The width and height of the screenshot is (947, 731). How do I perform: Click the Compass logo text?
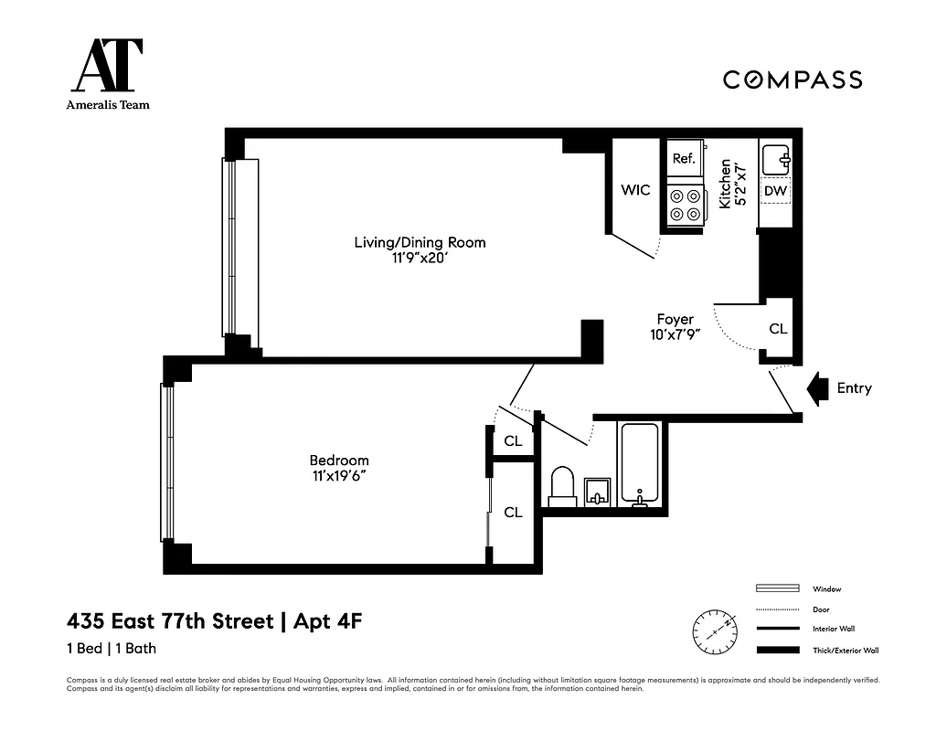793,79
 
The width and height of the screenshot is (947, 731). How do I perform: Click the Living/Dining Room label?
420,242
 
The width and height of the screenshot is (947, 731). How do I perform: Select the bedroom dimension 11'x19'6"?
339,476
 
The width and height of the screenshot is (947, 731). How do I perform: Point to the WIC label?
635,190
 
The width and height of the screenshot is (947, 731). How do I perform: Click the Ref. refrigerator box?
684,159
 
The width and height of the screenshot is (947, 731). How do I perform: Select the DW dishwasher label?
775,191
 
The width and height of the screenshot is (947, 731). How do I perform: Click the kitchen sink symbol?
776,159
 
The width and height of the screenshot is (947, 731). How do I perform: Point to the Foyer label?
675,319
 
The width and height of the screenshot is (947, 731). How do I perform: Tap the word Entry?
854,388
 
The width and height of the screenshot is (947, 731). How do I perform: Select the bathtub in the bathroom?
639,464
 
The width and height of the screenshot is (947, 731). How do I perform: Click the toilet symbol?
562,487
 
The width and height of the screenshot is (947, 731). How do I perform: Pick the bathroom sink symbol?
597,491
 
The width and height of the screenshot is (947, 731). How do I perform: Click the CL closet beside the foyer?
778,329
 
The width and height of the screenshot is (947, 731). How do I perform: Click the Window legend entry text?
826,589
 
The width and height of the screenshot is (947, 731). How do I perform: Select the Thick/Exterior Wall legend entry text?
846,651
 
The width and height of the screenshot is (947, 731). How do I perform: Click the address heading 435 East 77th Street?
170,622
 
